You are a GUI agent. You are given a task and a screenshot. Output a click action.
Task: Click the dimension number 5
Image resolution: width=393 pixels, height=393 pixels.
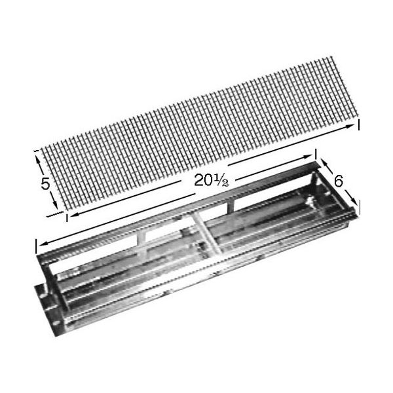click(x=45, y=184)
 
